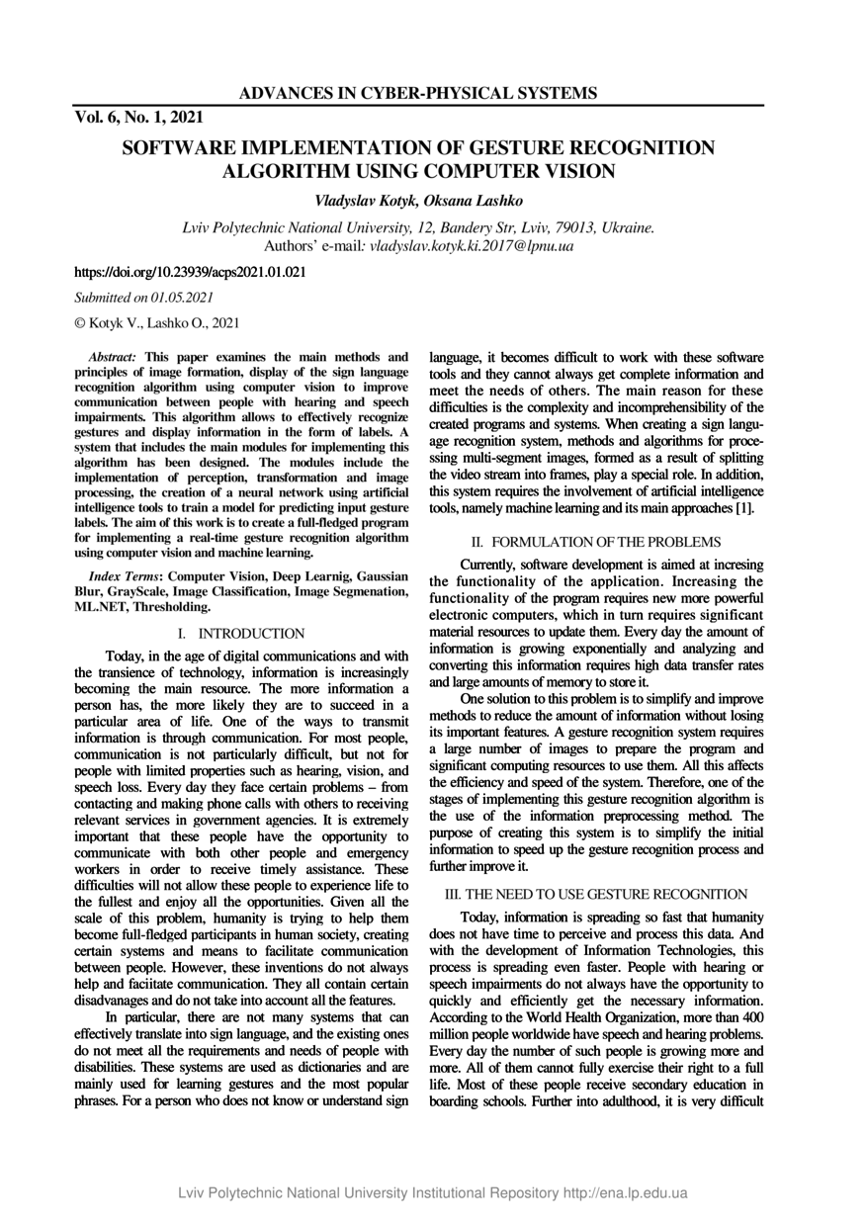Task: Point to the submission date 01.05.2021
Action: point(184,297)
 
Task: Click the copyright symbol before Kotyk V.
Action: point(80,322)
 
